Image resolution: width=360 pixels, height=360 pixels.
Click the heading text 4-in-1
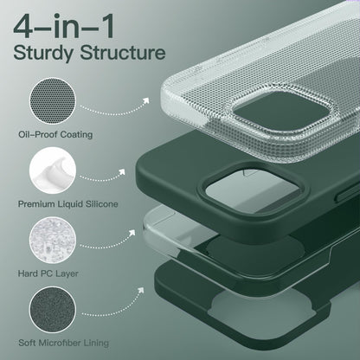[x=64, y=26]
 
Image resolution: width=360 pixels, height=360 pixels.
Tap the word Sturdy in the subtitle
[x=43, y=54]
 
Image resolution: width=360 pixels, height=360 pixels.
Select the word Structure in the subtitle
[x=123, y=52]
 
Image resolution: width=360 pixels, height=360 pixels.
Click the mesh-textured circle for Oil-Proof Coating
[x=53, y=101]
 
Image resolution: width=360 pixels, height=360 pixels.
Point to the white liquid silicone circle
[x=53, y=170]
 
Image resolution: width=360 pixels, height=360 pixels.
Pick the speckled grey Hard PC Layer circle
[x=53, y=240]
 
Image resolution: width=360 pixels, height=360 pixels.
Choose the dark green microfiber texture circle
[x=53, y=310]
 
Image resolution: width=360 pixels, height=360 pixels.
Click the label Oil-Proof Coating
[x=55, y=134]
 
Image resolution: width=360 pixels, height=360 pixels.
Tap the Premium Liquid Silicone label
[x=68, y=204]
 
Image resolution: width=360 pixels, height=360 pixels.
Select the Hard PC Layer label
[x=48, y=273]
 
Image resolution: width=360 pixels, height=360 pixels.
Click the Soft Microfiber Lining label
[x=63, y=343]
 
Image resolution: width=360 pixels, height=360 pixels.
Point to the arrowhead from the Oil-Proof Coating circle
[x=146, y=100]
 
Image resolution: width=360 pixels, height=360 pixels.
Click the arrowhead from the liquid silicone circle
[x=122, y=172]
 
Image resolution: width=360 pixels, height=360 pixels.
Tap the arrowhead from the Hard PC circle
[x=132, y=233]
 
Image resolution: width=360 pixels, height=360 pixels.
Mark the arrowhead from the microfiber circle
[x=141, y=290]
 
